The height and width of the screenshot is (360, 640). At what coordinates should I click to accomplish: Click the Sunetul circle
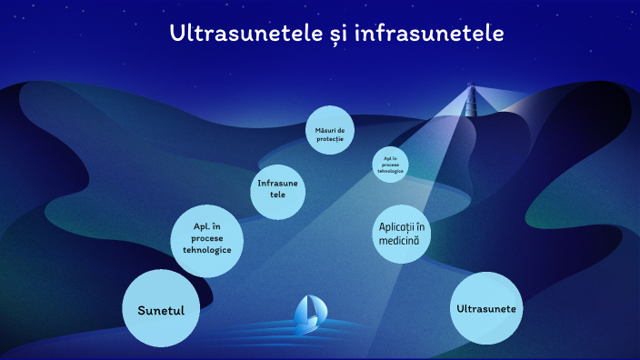[161, 309]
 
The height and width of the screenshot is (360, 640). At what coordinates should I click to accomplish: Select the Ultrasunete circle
[485, 308]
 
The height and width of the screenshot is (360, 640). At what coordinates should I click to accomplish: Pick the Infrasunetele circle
[277, 190]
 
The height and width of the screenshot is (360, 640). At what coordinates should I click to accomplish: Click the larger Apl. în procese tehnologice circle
[207, 239]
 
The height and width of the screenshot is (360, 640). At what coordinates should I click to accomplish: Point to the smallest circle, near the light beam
[390, 165]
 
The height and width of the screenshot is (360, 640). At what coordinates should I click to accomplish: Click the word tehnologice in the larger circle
[207, 250]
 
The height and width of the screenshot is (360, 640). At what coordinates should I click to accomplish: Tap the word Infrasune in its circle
[277, 184]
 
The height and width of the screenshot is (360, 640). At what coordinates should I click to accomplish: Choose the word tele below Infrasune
[277, 195]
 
